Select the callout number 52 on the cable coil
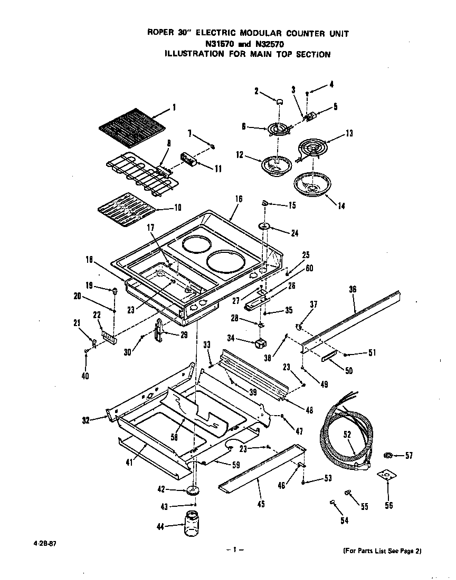347,435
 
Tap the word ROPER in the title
160,33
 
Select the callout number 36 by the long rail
353,289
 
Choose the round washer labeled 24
264,227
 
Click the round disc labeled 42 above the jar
193,490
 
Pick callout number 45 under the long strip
260,504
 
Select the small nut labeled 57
388,455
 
